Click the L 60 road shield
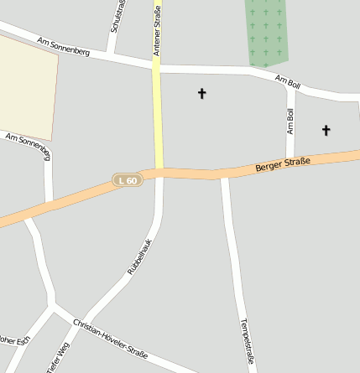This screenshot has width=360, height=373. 128,179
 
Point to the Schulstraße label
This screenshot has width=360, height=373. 117,17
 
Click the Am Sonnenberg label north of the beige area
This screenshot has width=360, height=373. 62,45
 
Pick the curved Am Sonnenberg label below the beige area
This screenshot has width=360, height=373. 29,145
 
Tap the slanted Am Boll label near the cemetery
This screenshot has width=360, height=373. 287,81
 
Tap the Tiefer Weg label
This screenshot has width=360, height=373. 58,360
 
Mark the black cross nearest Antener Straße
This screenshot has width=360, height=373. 201,93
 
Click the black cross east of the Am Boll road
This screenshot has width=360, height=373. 326,130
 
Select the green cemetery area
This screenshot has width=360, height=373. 266,31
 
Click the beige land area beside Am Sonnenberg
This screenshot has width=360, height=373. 27,88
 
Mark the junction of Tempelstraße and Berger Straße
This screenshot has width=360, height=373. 224,174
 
